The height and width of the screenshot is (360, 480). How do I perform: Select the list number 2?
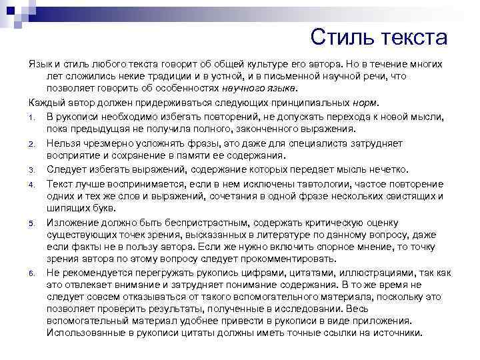click(x=32, y=143)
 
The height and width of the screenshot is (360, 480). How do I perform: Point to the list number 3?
click(x=32, y=169)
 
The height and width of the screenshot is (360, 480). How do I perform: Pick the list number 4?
click(x=32, y=183)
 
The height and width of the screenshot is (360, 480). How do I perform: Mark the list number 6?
click(x=32, y=273)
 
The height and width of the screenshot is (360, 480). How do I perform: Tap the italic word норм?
click(x=367, y=103)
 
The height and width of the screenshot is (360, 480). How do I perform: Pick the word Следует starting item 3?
click(x=66, y=169)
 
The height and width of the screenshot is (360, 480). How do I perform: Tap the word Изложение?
click(x=73, y=221)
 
